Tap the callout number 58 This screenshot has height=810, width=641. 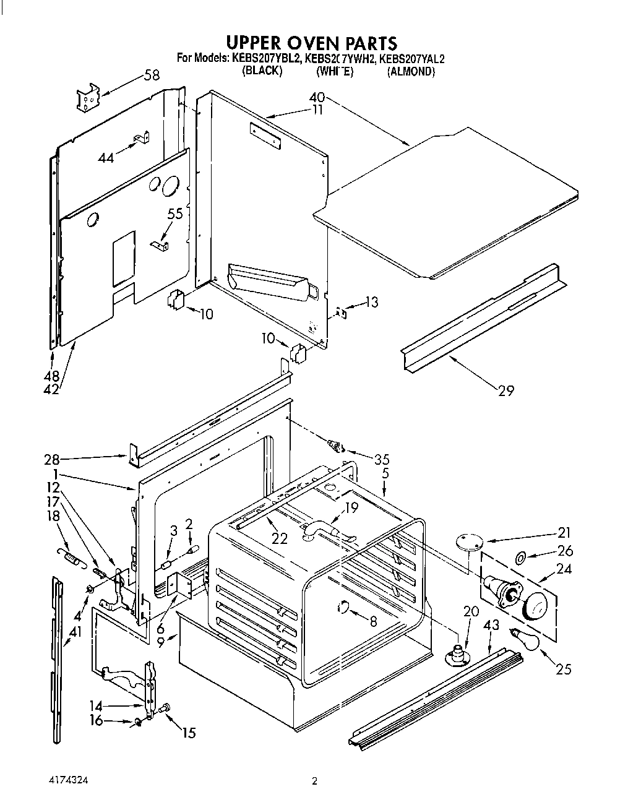click(151, 75)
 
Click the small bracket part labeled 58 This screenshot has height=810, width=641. click(88, 98)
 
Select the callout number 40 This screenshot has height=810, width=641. click(317, 98)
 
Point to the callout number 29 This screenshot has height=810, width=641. click(505, 390)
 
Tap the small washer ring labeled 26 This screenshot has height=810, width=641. click(520, 559)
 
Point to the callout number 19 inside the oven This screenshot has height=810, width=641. click(351, 509)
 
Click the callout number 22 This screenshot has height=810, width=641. click(280, 538)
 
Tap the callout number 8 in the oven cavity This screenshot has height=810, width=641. click(372, 623)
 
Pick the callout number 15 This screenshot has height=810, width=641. click(188, 733)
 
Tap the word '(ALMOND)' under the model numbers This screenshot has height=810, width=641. click(411, 72)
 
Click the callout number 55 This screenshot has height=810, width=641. click(175, 213)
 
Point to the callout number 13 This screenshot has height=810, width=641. click(371, 302)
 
